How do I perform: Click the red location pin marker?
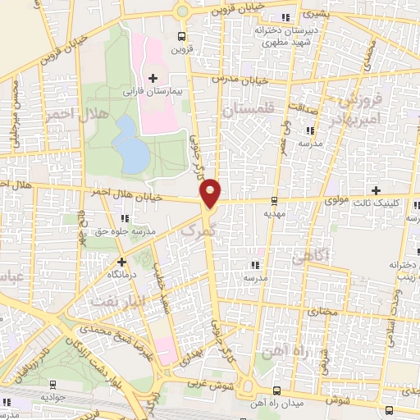(211, 192)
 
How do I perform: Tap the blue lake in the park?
(130, 144)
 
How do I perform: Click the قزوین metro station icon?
(182, 35)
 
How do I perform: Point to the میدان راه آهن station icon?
(276, 390)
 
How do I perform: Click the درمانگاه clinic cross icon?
(121, 262)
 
